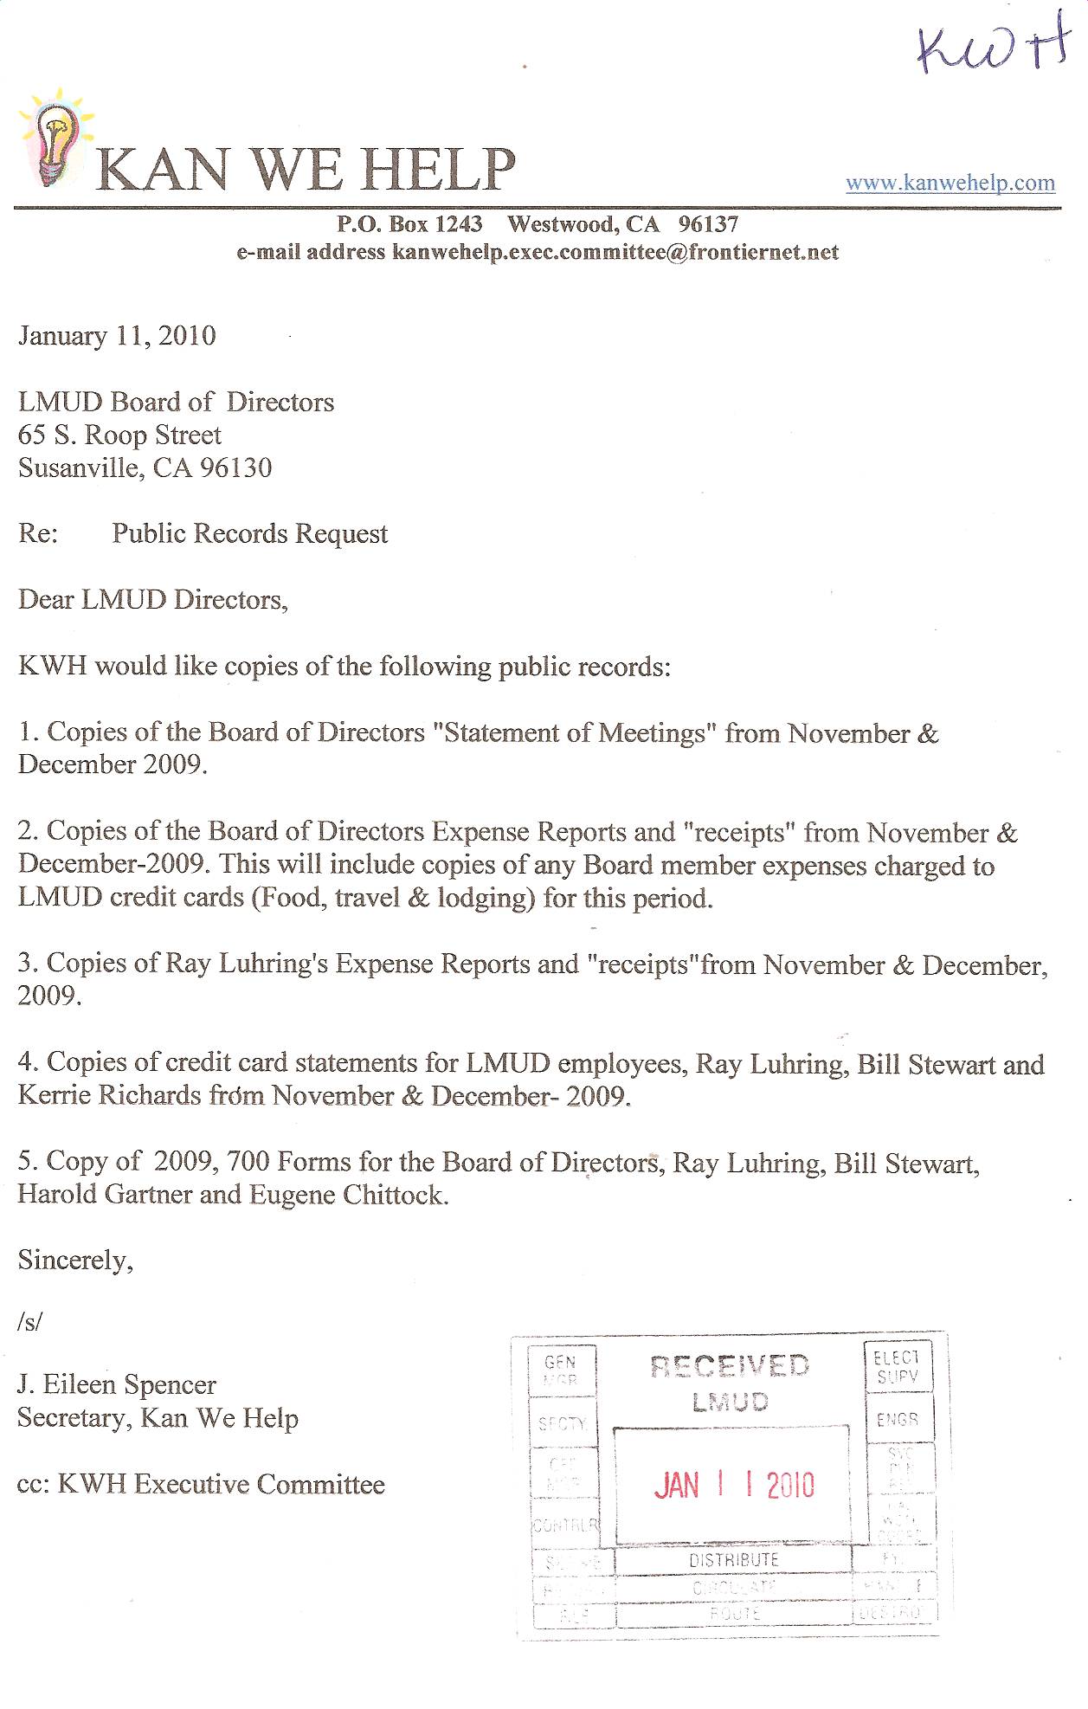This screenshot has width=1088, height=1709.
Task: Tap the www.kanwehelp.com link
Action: tap(950, 183)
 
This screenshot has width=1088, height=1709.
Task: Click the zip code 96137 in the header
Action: tap(708, 224)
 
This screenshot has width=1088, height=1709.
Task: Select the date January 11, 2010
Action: tap(117, 336)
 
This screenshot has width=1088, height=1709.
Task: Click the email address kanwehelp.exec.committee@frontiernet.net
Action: tap(615, 252)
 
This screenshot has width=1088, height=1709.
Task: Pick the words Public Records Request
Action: tap(249, 533)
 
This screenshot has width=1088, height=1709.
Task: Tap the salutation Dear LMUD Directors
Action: tap(152, 599)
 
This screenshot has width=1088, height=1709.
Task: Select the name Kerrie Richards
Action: tap(109, 1095)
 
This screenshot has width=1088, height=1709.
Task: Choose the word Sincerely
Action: tap(75, 1260)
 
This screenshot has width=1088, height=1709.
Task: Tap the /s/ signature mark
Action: tap(29, 1322)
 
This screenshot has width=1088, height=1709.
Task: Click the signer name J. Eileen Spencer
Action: tap(116, 1384)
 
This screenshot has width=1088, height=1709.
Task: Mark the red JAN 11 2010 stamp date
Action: tap(733, 1486)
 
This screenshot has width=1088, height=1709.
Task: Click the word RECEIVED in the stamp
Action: tap(730, 1366)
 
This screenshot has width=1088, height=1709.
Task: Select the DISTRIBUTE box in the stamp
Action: tap(733, 1560)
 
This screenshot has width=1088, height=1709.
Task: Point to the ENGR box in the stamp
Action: tap(898, 1420)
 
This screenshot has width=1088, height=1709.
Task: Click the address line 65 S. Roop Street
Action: tap(119, 435)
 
